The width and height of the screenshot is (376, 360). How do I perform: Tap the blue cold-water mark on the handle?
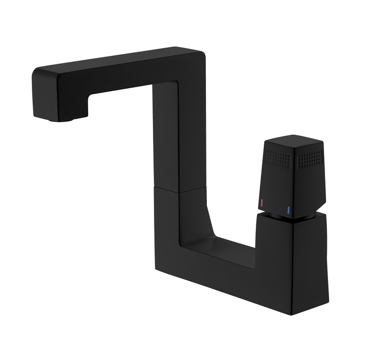point(289,211)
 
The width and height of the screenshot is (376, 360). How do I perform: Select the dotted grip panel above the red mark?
point(277,158)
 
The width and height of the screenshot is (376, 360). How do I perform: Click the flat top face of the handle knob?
point(293,143)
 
